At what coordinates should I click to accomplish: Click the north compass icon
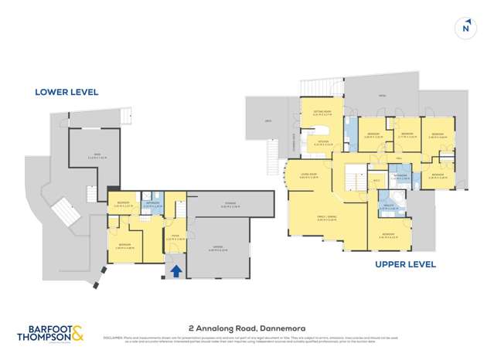click(x=465, y=29)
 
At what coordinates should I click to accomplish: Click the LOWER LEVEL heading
click(x=66, y=92)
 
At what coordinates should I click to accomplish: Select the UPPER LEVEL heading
click(x=405, y=264)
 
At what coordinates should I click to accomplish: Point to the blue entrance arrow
click(x=176, y=270)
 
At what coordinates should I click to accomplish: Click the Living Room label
click(x=308, y=175)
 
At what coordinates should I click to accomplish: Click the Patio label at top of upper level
click(x=381, y=96)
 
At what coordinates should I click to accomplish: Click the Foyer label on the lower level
click(x=175, y=237)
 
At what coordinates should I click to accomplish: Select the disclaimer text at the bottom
click(x=294, y=338)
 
